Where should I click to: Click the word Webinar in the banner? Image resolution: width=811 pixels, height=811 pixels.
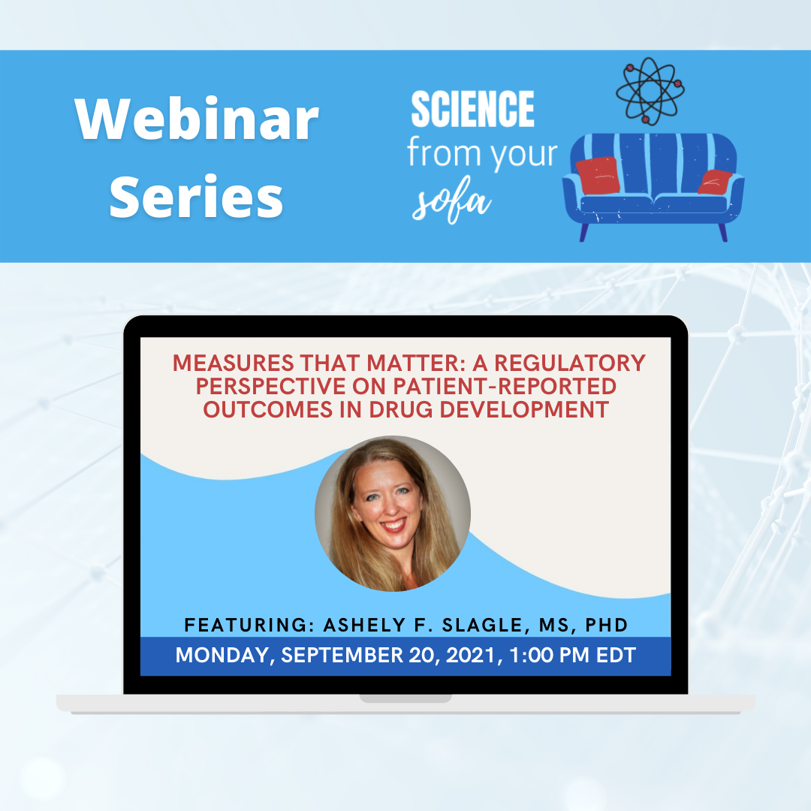[197, 119]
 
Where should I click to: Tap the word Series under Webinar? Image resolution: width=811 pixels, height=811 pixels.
[197, 197]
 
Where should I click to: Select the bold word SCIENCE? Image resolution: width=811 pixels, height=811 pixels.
[472, 109]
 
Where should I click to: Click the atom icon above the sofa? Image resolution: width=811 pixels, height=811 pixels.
[650, 91]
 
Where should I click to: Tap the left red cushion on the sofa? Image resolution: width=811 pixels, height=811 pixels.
[598, 175]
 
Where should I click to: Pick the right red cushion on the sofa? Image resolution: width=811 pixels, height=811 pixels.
[715, 182]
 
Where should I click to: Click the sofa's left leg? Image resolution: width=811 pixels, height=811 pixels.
[584, 232]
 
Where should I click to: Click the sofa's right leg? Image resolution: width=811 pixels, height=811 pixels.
[722, 232]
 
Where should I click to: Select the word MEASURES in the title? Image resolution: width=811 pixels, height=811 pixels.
[234, 363]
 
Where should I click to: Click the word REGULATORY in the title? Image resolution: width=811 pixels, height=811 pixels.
[570, 363]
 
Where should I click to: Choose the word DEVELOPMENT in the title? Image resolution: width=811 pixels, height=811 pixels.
[524, 410]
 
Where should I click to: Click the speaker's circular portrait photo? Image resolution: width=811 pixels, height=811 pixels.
[393, 514]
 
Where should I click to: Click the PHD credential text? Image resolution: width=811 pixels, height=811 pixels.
[606, 625]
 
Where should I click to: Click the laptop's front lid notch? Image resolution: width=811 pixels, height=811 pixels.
[405, 699]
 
